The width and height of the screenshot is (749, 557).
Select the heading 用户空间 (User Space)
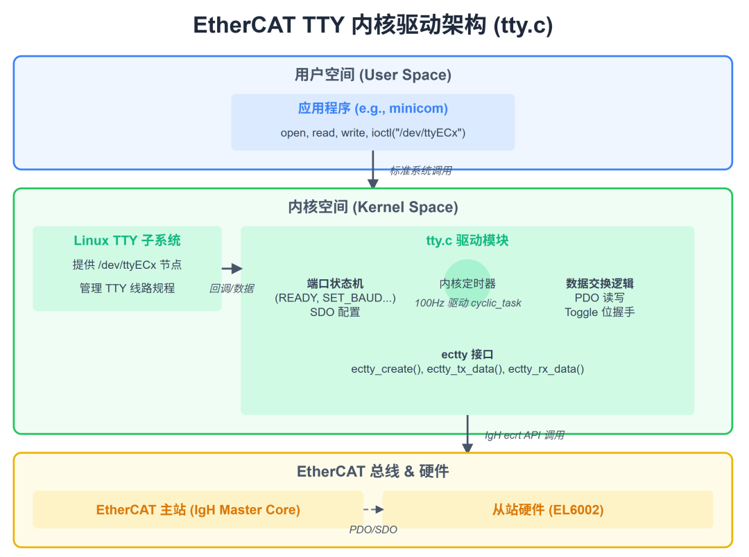373,75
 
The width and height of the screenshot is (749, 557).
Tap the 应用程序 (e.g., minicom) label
373,109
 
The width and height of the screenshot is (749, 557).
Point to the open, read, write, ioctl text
373,132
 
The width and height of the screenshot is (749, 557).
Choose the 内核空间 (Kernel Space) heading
373,207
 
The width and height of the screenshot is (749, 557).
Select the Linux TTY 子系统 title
127,240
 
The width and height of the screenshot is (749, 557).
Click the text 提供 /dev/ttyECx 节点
127,265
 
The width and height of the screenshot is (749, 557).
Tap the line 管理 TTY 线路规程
127,288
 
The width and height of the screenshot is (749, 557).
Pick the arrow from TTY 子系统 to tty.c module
232,269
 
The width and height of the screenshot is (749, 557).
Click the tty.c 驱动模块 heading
467,240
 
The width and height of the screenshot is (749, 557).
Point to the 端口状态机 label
335,284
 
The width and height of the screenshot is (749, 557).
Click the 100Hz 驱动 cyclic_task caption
467,303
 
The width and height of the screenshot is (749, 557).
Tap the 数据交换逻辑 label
599,283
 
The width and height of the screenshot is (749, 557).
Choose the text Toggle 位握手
599,312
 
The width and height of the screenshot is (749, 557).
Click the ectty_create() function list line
467,369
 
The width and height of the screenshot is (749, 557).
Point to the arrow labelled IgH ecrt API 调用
467,434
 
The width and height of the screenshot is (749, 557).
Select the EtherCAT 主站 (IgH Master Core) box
198,510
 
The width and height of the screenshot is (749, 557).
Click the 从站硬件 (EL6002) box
547,510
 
